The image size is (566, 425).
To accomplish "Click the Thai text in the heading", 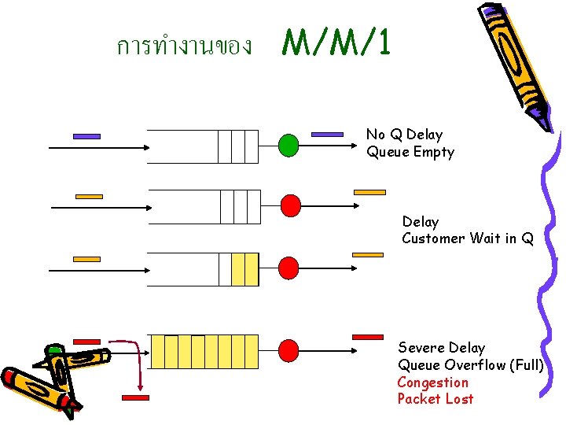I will pyautogui.click(x=184, y=46).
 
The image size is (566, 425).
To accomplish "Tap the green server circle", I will pyautogui.click(x=289, y=145).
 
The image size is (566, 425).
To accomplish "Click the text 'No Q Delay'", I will pyautogui.click(x=404, y=135).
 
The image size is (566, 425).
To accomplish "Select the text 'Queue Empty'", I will pyautogui.click(x=410, y=152).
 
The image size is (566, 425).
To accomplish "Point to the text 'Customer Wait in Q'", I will pyautogui.click(x=467, y=238).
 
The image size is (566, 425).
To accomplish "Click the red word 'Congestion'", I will pyautogui.click(x=432, y=382).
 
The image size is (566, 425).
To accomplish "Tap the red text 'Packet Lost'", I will pyautogui.click(x=436, y=399).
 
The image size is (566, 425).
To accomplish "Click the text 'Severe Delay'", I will pyautogui.click(x=441, y=348).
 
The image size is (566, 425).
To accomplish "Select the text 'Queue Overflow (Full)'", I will pyautogui.click(x=470, y=365).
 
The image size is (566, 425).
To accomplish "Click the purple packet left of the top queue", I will pyautogui.click(x=86, y=136).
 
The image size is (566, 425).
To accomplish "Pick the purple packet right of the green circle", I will pyautogui.click(x=327, y=135).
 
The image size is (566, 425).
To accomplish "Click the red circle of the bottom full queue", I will pyautogui.click(x=289, y=349).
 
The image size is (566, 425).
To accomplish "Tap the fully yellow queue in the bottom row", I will pyautogui.click(x=204, y=352).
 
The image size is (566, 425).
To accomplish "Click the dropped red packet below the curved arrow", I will pyautogui.click(x=135, y=398).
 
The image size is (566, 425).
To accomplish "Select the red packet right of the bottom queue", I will pyautogui.click(x=367, y=337).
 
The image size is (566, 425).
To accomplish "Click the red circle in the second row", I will pyautogui.click(x=291, y=205).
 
